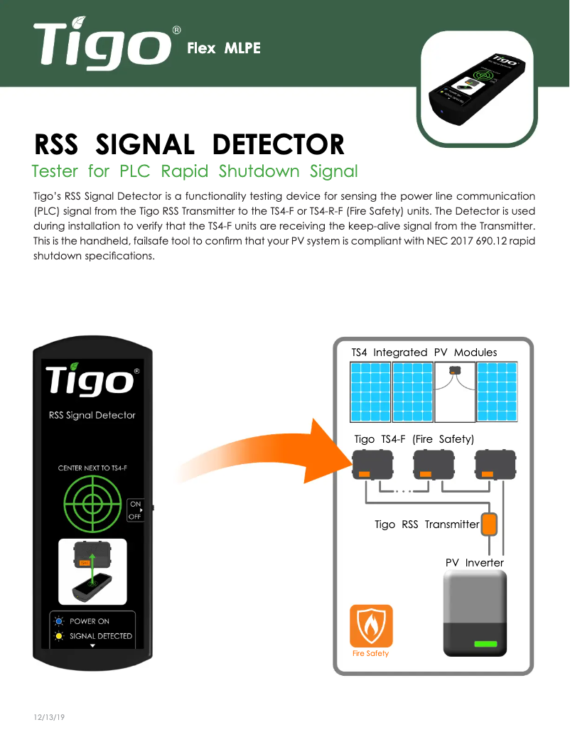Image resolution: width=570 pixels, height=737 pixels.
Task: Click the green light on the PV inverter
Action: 485,644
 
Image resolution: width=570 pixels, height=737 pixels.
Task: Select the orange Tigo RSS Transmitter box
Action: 490,524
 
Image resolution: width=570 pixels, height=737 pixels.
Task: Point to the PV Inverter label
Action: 474,563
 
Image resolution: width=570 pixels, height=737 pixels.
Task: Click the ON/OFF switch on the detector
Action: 135,510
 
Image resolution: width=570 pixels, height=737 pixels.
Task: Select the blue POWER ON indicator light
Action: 61,621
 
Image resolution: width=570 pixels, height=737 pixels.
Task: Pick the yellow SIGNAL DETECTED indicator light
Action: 61,636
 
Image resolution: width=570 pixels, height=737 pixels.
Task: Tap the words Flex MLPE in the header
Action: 223,48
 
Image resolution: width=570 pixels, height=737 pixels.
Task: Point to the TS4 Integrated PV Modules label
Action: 424,353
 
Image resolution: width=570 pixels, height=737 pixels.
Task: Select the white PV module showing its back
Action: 454,392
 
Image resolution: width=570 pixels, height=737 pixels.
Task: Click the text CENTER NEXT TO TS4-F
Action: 92,468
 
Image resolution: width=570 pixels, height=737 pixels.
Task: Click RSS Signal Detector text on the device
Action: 92,415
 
